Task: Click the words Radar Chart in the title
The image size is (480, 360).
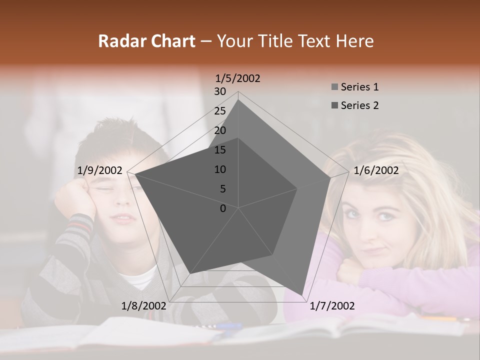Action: tap(146, 41)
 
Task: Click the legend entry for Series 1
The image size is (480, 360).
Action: tap(354, 87)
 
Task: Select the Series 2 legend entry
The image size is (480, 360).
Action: tap(354, 105)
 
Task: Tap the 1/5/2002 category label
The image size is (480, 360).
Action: tap(237, 78)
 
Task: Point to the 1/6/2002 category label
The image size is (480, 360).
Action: tap(376, 170)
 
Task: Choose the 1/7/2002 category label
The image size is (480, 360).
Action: tap(331, 305)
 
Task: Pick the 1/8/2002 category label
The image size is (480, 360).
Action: tap(144, 305)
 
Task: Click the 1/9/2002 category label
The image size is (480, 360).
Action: tap(100, 170)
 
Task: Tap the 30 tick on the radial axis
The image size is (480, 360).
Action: tap(220, 91)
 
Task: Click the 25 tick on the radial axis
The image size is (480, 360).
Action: tap(220, 111)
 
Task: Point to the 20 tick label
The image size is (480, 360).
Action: tap(220, 130)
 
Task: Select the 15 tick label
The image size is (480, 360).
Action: tap(220, 150)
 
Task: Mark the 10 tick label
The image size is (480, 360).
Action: tap(220, 169)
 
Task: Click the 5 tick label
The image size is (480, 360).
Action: tap(222, 189)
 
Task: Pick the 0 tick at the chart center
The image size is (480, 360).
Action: tap(223, 208)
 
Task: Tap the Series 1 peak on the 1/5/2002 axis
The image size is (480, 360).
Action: tap(238, 99)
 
